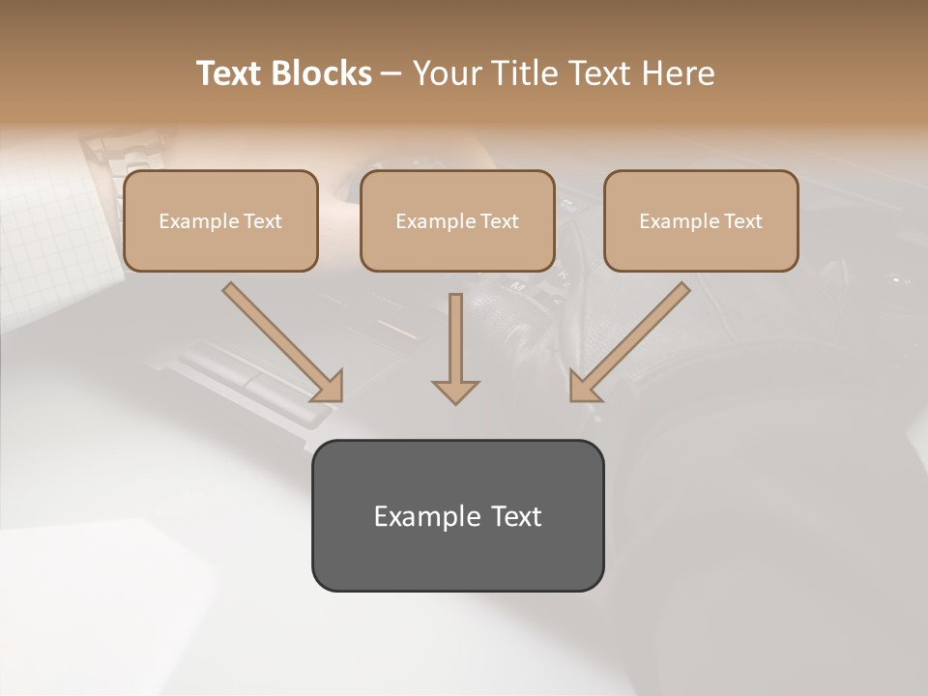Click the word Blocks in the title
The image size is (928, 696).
tap(320, 73)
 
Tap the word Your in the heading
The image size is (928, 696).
tap(446, 73)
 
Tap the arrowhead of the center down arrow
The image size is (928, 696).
tap(455, 391)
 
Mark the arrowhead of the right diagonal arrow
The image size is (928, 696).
tap(583, 388)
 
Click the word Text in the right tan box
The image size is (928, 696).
tap(742, 221)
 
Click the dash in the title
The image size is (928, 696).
tap(391, 73)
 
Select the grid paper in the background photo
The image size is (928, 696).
tap(48, 232)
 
